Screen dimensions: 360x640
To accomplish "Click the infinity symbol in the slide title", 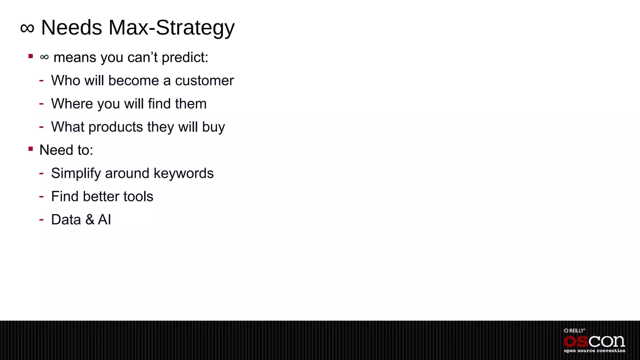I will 27,28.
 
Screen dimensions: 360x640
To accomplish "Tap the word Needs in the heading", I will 72,28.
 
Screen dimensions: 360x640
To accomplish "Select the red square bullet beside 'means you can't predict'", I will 31,56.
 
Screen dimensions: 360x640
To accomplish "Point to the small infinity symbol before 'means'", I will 44,57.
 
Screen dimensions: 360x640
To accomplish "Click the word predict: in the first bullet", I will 185,58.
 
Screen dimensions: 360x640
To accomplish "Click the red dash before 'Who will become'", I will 41,80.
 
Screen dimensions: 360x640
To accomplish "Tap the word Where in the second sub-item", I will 72,104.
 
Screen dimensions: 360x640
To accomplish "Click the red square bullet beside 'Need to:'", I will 31,149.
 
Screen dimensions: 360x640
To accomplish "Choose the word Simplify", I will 76,173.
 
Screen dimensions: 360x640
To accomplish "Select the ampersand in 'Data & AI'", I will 90,220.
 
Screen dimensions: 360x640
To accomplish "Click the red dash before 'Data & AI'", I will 41,219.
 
